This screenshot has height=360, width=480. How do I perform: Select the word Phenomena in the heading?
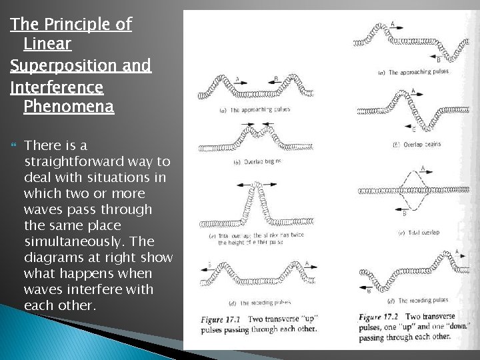[69, 107]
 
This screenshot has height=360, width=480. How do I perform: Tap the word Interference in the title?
[57, 87]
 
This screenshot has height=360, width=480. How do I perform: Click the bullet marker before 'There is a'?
[13, 145]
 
